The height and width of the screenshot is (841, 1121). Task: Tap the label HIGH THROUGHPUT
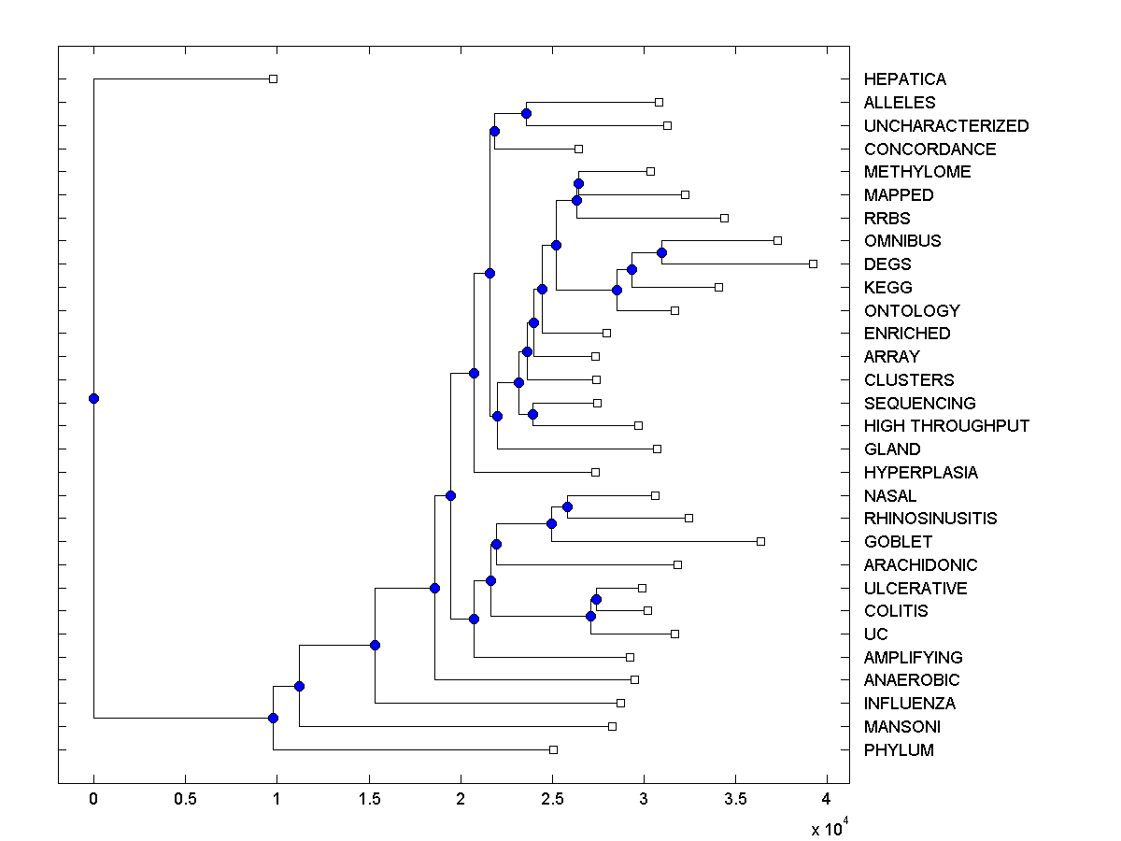click(946, 426)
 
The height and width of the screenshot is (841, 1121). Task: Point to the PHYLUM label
click(898, 750)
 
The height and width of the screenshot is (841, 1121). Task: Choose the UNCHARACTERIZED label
click(945, 126)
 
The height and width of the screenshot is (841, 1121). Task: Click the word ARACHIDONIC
click(920, 565)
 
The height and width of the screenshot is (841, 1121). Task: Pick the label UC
click(875, 634)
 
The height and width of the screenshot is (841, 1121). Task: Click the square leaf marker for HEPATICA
click(273, 78)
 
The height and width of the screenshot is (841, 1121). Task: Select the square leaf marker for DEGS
click(813, 264)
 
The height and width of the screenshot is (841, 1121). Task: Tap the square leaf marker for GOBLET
click(760, 541)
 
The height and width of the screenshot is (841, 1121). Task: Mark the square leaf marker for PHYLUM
click(553, 749)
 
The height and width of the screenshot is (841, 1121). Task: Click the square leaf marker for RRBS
click(724, 218)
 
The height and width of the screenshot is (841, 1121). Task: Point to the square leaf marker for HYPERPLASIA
click(595, 472)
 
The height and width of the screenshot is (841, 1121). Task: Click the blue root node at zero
click(93, 398)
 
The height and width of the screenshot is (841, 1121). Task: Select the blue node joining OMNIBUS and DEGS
click(661, 252)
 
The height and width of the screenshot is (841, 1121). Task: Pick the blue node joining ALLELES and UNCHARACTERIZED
click(526, 113)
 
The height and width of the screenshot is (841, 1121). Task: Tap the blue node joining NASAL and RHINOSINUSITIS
click(567, 506)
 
